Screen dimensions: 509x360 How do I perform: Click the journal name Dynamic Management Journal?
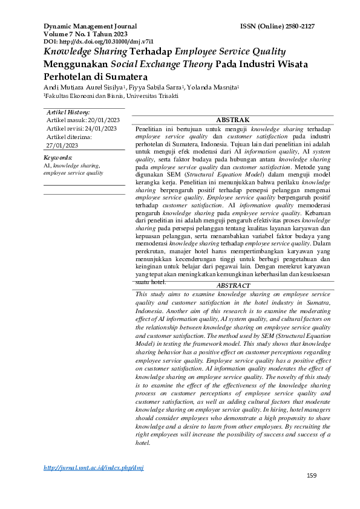pos(90,27)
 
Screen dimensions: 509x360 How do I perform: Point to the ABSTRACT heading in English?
pos(233,285)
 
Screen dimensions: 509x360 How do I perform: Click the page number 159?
pos(312,476)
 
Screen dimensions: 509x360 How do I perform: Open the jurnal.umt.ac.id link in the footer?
pos(94,468)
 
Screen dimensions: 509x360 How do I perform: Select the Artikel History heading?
pos(68,112)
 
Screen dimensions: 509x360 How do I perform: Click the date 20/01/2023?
pos(117,120)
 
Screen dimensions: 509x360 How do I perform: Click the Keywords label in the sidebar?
pos(58,157)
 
